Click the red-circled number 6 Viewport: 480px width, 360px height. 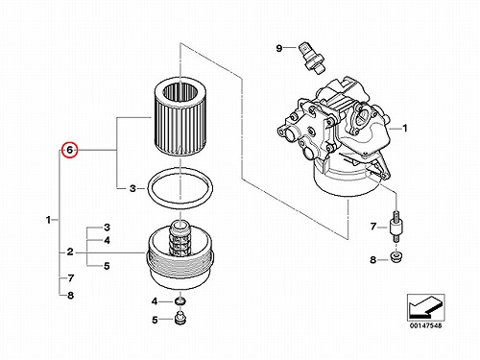pyautogui.click(x=70, y=150)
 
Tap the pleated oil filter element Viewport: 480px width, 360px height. pyautogui.click(x=180, y=117)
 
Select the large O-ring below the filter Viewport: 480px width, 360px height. pyautogui.click(x=180, y=188)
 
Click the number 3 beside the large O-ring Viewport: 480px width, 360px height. pyautogui.click(x=132, y=188)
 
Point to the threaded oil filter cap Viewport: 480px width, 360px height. pyautogui.click(x=180, y=255)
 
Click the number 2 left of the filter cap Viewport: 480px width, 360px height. pyautogui.click(x=70, y=252)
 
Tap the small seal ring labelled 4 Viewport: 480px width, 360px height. pyautogui.click(x=180, y=300)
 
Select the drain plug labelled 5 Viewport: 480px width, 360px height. pyautogui.click(x=180, y=319)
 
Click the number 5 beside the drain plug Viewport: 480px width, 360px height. pyautogui.click(x=155, y=320)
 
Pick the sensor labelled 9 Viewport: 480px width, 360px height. pyautogui.click(x=312, y=58)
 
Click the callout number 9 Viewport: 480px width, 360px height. pyautogui.click(x=279, y=48)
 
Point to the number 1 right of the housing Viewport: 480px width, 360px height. pyautogui.click(x=405, y=129)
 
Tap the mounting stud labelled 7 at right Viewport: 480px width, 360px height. pyautogui.click(x=396, y=228)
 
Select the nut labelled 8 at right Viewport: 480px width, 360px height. pyautogui.click(x=396, y=257)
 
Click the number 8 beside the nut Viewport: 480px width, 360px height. pyautogui.click(x=372, y=259)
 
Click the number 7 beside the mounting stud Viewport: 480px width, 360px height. pyautogui.click(x=373, y=227)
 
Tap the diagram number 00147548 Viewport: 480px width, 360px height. pyautogui.click(x=425, y=325)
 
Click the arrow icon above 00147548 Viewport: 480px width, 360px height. pyautogui.click(x=425, y=307)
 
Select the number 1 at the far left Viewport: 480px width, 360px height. pyautogui.click(x=48, y=220)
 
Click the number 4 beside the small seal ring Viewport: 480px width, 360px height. pyautogui.click(x=155, y=301)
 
